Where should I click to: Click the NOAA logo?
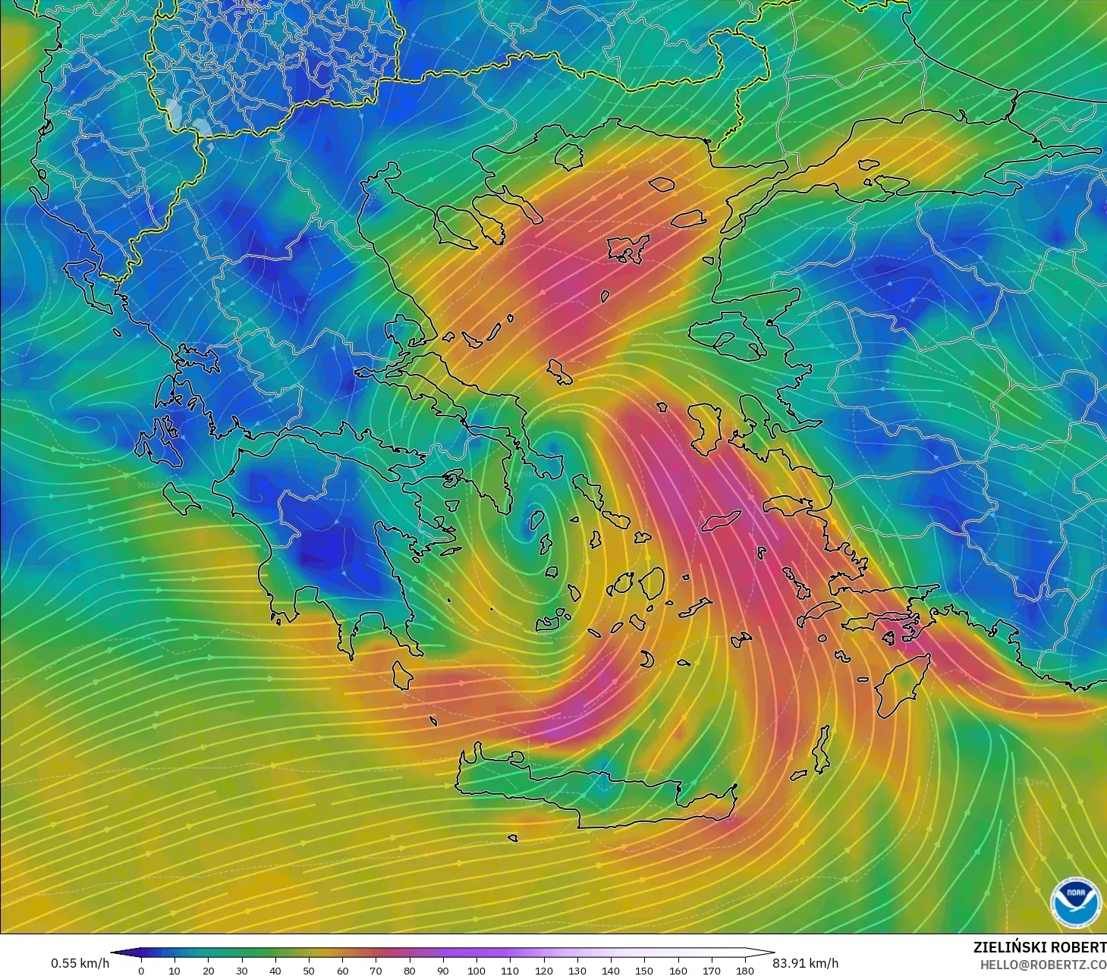click(x=1075, y=901)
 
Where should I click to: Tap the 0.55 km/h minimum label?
click(x=80, y=963)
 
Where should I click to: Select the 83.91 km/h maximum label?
click(x=805, y=963)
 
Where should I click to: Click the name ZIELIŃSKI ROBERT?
click(x=1039, y=947)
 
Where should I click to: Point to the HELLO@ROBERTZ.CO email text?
click(x=1043, y=965)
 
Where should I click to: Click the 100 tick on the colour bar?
click(x=476, y=970)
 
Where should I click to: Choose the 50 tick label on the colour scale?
click(x=308, y=970)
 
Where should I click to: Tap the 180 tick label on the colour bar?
click(x=744, y=970)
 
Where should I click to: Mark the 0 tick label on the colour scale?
click(x=140, y=970)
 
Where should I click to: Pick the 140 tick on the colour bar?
click(x=610, y=970)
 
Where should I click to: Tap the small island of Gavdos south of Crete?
click(x=513, y=838)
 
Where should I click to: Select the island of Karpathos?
click(x=821, y=748)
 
